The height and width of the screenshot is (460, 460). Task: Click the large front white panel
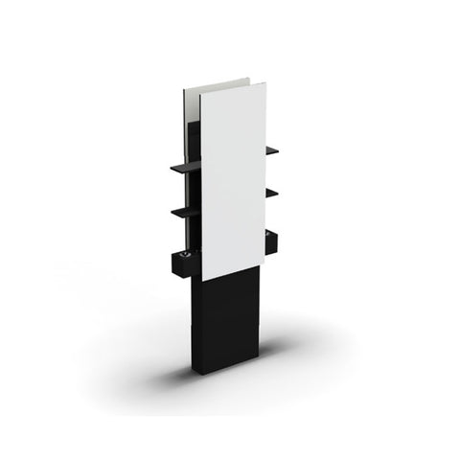[233, 177]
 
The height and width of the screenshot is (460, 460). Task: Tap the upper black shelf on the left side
[186, 166]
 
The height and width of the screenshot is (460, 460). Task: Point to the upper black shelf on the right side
[272, 150]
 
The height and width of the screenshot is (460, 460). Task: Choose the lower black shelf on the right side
[272, 193]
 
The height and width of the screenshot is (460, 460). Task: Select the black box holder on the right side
[271, 241]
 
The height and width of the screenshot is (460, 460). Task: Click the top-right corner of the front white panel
[265, 83]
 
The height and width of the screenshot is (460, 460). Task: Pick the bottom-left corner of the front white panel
[202, 280]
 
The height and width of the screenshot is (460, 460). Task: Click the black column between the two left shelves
[195, 188]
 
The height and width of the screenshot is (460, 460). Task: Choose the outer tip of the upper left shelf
[172, 169]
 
